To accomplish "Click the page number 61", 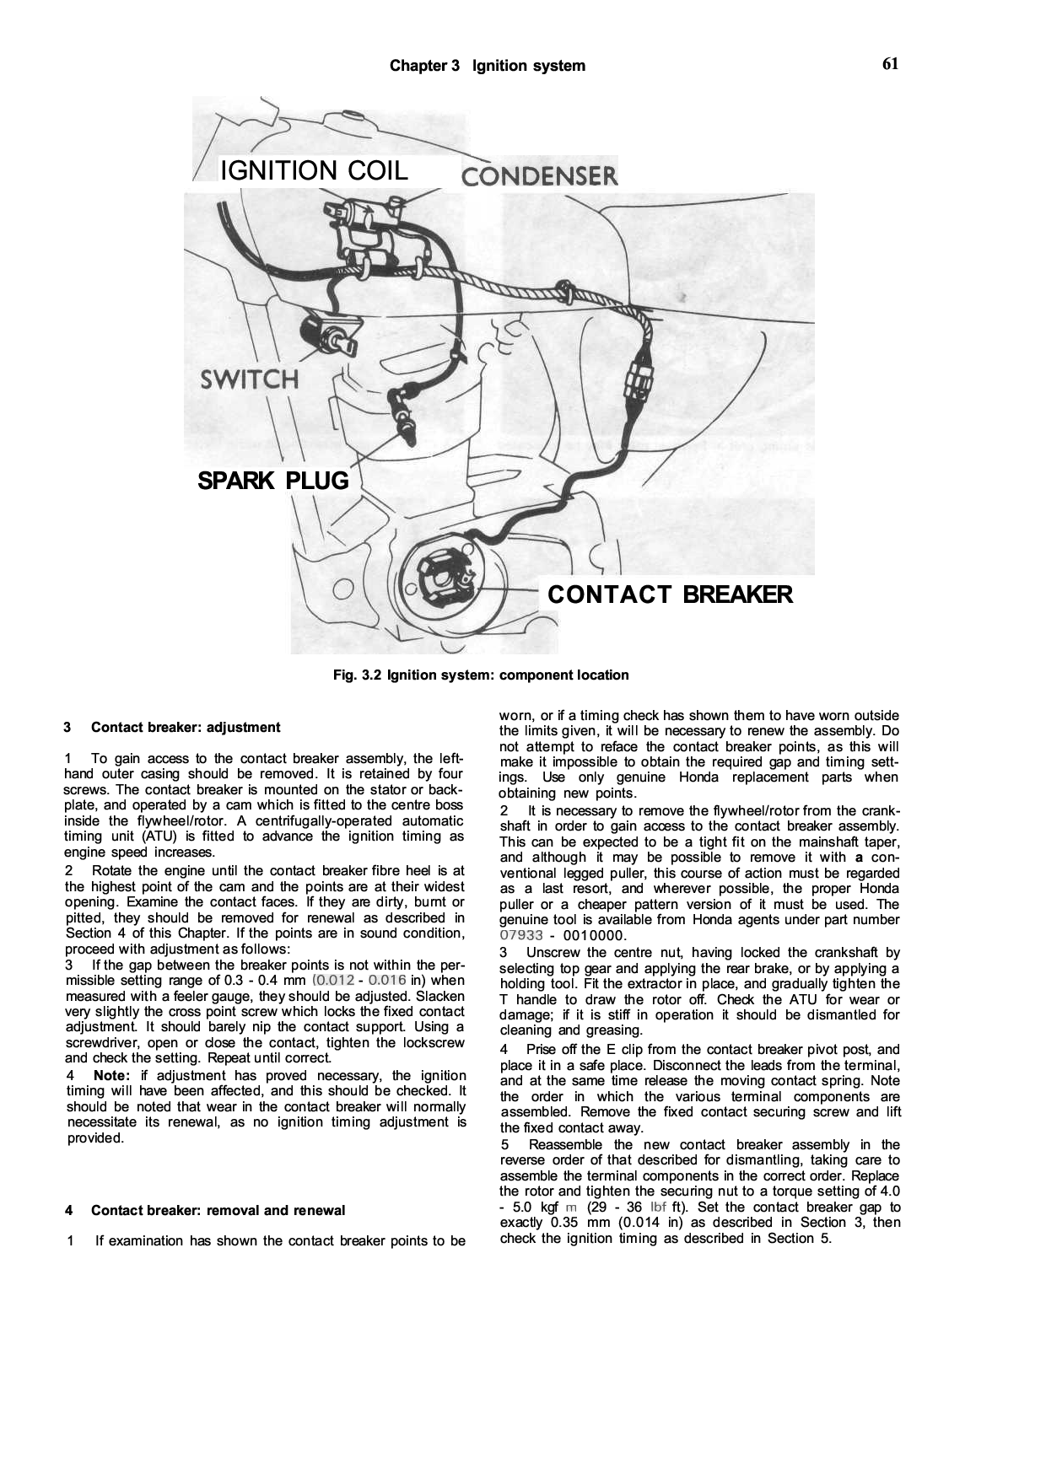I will click(890, 64).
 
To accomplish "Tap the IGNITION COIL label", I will click(313, 170).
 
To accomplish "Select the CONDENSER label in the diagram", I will click(539, 176).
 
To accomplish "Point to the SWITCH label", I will click(249, 379).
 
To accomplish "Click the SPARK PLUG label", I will click(272, 481).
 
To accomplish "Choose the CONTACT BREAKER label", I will click(670, 594).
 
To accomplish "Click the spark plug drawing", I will click(405, 422).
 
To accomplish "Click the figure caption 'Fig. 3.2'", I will click(359, 675).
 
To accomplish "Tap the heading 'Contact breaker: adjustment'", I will click(186, 728).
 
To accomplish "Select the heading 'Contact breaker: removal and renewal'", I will click(218, 1211).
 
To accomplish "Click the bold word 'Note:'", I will click(112, 1076).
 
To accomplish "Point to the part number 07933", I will click(520, 935).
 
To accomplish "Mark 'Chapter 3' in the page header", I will click(424, 66).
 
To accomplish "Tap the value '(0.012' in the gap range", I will click(332, 981).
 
